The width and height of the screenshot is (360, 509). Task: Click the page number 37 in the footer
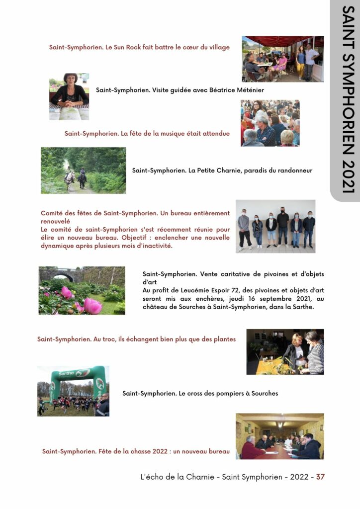click(x=320, y=477)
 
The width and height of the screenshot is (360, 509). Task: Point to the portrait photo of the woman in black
click(x=69, y=96)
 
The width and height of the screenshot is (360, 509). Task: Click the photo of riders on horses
click(x=83, y=170)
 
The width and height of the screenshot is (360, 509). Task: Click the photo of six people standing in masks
click(x=275, y=226)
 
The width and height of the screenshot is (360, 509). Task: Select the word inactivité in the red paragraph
click(x=154, y=246)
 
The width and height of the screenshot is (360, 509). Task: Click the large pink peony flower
click(x=92, y=305)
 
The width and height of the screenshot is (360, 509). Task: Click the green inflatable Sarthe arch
click(x=73, y=380)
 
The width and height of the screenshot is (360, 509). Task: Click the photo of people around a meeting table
click(x=279, y=436)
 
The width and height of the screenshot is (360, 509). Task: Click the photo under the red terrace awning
click(x=282, y=59)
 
